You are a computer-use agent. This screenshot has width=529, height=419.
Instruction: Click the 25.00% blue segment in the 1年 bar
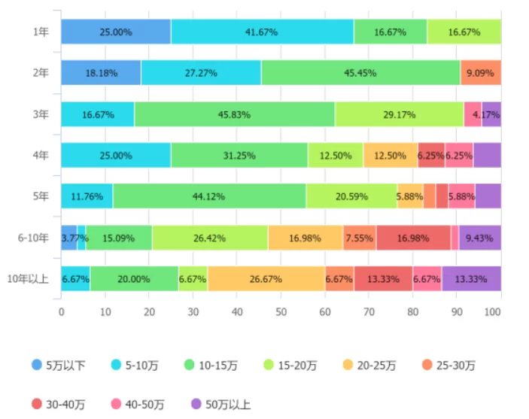tap(116, 32)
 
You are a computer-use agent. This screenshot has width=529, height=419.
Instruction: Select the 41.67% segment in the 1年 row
tap(262, 32)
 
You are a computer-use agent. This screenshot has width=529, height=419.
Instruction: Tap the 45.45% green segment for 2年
tap(360, 73)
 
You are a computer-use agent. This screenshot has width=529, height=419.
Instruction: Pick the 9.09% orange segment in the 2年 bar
tap(480, 73)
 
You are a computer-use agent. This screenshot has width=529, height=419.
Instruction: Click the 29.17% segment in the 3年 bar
tap(399, 114)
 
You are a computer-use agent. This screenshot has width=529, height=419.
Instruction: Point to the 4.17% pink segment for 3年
tap(473, 114)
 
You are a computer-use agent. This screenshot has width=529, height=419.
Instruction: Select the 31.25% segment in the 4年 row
tap(239, 155)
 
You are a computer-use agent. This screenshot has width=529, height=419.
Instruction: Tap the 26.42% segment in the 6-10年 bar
tap(210, 238)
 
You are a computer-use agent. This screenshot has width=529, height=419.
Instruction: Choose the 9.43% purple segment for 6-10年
tap(479, 238)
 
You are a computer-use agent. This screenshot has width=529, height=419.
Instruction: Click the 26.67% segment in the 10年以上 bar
tap(266, 278)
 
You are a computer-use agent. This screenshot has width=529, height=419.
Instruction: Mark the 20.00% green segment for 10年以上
tap(134, 278)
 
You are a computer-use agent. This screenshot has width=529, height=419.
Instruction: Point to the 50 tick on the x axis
tap(281, 311)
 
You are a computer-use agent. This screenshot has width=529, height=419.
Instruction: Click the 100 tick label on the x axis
tap(494, 311)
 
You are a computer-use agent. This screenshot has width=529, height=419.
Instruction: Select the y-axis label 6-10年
tap(34, 238)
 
